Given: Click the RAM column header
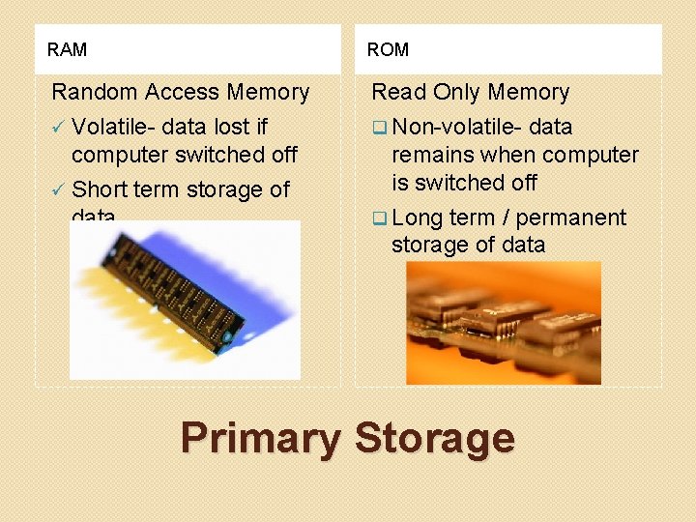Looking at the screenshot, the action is click(67, 49).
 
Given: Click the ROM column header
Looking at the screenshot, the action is click(389, 49).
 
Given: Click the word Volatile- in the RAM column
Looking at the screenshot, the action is click(113, 127).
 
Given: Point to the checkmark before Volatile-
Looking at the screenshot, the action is click(58, 127).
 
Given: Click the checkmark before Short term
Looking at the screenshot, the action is click(58, 188).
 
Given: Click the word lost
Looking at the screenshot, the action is click(225, 127).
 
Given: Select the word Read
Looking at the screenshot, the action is click(398, 93).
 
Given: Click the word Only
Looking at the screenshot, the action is click(457, 93).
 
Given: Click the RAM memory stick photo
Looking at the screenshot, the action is click(184, 299).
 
